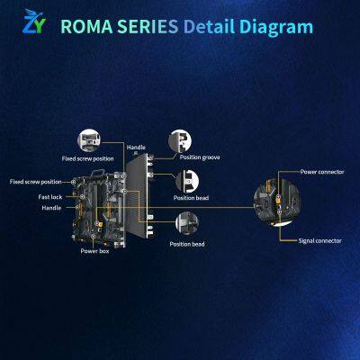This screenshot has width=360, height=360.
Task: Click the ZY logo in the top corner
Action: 34,22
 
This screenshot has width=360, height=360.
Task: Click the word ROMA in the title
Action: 86,26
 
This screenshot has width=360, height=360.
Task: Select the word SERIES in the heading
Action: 148,26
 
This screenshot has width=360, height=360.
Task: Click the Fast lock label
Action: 50,197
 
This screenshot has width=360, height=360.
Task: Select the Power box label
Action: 94,251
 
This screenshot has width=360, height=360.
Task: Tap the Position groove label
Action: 200,157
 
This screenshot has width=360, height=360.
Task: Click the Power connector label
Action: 322,172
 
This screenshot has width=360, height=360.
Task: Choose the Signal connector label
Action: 319,240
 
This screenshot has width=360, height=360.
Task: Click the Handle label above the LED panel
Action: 136,148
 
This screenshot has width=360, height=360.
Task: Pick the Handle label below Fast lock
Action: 51,208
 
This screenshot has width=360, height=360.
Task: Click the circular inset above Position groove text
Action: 180,141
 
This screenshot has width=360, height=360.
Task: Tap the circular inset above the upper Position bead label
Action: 187,182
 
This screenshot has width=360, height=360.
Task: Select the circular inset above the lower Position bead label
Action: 187,223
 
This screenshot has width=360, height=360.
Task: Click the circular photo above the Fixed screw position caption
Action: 89,140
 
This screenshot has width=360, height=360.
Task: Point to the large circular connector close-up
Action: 277,200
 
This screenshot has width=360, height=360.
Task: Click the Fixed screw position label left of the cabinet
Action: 35,182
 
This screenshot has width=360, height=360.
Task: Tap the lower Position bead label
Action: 187,244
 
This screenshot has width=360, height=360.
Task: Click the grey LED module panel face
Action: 137,195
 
